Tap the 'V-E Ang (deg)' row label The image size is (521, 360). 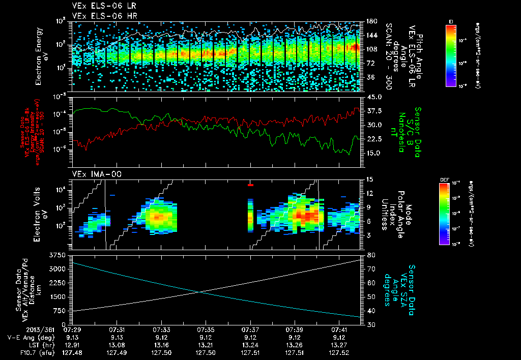pyautogui.click(x=29, y=337)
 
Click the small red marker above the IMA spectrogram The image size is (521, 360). pyautogui.click(x=250, y=185)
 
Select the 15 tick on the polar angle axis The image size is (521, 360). pyautogui.click(x=368, y=179)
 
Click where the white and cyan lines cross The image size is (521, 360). pyautogui.click(x=201, y=291)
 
